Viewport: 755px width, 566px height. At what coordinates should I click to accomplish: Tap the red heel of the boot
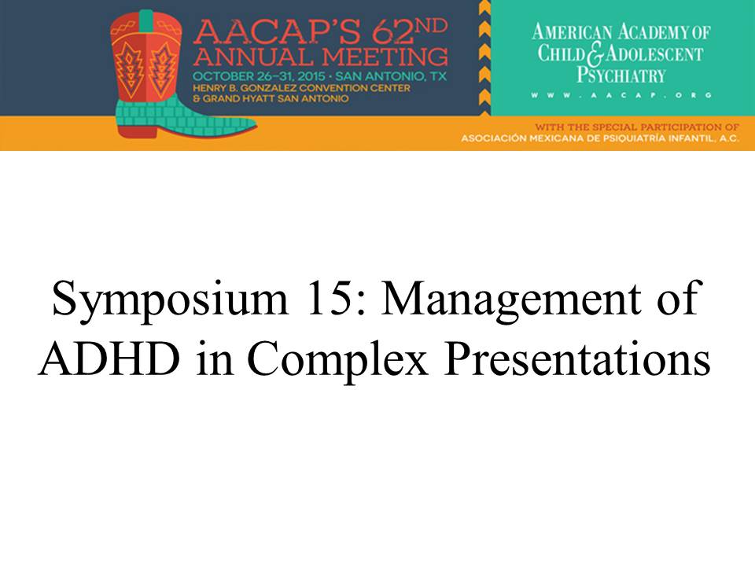[137, 131]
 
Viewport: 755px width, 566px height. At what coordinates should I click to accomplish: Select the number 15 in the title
[329, 299]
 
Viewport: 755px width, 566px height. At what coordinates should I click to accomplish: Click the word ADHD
[110, 358]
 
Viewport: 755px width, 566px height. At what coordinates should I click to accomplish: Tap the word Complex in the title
[337, 361]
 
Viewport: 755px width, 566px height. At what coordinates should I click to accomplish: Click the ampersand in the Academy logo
[595, 55]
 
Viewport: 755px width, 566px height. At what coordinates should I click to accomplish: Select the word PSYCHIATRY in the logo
[621, 75]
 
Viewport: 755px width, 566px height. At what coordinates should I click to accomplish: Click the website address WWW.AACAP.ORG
[621, 95]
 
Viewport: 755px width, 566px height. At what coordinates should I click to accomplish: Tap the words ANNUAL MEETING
[321, 57]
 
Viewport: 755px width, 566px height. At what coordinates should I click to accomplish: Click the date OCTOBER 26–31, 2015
[259, 76]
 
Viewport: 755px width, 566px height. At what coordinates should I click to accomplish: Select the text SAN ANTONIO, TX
[391, 76]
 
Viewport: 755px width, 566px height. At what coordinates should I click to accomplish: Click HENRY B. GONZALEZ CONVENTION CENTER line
[301, 88]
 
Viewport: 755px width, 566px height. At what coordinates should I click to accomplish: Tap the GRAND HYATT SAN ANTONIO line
[270, 99]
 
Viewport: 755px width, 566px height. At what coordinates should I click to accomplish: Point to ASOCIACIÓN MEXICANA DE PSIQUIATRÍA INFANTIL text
[600, 138]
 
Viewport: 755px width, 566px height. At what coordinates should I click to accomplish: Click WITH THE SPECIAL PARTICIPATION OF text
[637, 127]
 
